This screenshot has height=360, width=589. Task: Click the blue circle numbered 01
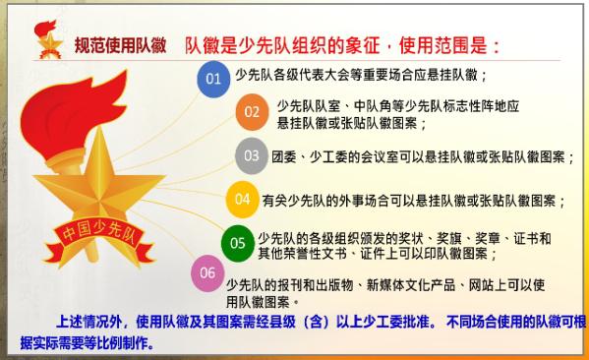213,77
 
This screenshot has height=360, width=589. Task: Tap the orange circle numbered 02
253,112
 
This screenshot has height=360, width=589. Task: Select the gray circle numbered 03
251,155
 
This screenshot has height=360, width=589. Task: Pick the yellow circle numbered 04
242,199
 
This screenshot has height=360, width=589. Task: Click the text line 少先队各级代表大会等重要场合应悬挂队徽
362,75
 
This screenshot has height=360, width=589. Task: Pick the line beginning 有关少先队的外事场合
413,200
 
